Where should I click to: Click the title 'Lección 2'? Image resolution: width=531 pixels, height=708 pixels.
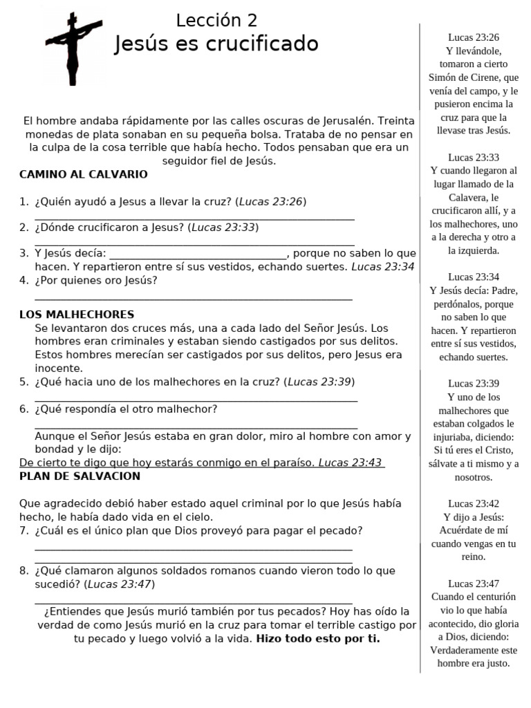(x=216, y=21)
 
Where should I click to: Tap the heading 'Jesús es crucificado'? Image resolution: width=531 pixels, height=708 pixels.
(x=216, y=44)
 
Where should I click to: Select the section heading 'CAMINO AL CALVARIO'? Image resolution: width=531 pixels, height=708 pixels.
(x=83, y=174)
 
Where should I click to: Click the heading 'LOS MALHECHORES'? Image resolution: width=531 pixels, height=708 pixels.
(x=77, y=315)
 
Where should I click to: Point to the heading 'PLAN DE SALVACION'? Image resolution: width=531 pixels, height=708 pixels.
(x=80, y=476)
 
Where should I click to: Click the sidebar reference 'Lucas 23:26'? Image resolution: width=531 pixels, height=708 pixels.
(x=474, y=37)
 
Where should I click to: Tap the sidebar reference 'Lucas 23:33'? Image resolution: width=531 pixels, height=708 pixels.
(x=474, y=157)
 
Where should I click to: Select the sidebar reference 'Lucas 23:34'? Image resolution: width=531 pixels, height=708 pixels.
(x=474, y=277)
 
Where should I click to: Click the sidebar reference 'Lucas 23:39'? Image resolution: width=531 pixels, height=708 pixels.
(x=474, y=383)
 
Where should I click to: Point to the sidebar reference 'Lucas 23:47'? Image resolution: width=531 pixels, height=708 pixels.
(x=474, y=583)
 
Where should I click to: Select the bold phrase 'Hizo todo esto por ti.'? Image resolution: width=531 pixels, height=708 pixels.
(x=318, y=638)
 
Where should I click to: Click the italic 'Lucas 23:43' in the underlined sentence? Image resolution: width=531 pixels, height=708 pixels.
(x=350, y=463)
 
